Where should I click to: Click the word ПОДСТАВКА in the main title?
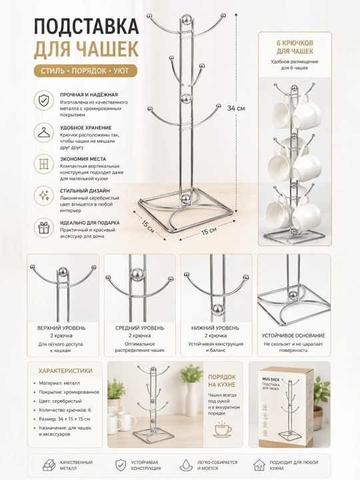click(86, 27)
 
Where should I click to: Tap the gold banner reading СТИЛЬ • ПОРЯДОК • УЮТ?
click(85, 71)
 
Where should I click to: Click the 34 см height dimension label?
click(236, 108)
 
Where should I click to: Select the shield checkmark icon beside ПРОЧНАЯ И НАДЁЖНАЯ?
click(44, 100)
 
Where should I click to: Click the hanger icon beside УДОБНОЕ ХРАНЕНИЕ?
click(44, 132)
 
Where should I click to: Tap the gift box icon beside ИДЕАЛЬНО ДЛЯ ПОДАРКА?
click(44, 228)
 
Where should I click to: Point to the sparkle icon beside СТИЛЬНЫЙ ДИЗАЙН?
click(44, 195)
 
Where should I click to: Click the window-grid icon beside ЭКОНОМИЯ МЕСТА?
click(44, 164)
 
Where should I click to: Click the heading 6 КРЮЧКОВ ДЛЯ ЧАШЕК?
click(295, 47)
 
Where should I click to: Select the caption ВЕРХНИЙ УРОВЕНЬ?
click(61, 328)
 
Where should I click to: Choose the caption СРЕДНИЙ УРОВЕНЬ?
click(139, 328)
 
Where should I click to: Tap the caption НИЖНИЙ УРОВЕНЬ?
click(215, 328)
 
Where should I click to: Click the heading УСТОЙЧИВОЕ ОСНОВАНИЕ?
click(293, 335)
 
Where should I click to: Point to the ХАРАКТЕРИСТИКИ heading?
click(65, 371)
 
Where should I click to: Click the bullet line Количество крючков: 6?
click(65, 410)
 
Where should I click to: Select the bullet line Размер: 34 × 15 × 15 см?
click(64, 419)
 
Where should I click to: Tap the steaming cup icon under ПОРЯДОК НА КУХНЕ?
click(223, 429)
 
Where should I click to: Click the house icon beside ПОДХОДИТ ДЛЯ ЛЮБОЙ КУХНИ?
click(259, 465)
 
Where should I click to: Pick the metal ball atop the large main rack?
click(186, 19)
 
